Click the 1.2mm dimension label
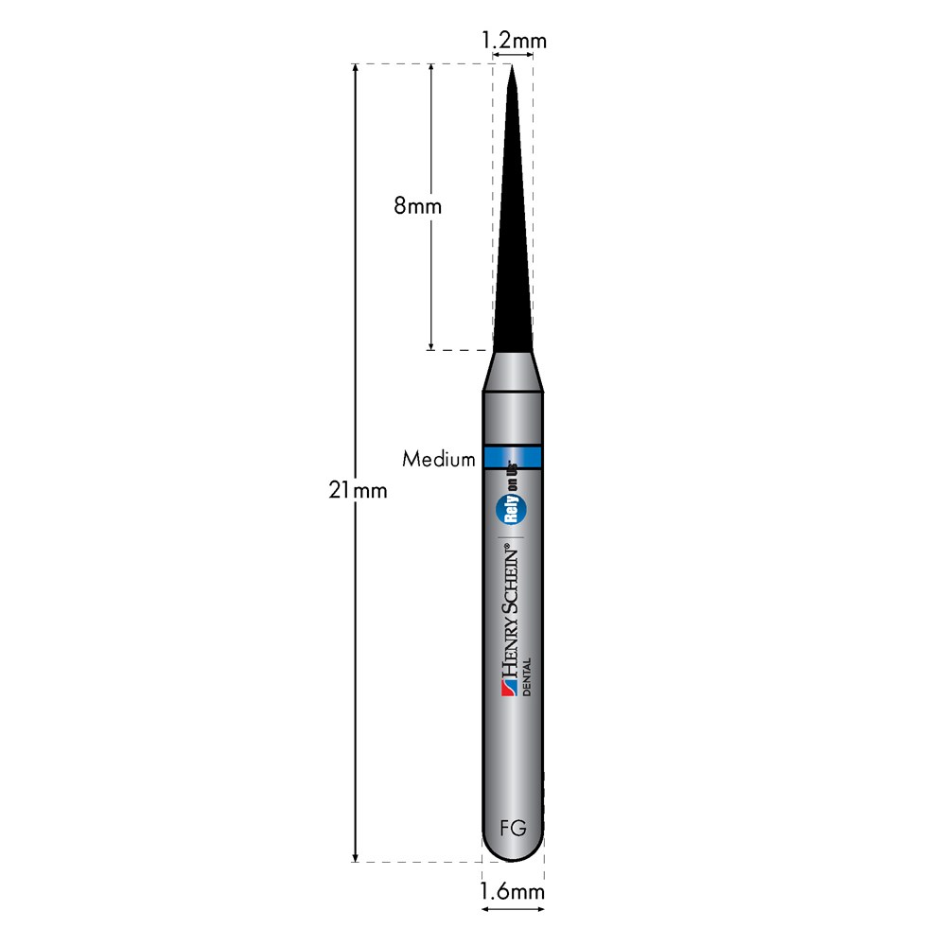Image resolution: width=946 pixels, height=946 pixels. [x=514, y=41]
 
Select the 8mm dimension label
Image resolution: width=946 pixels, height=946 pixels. [x=417, y=206]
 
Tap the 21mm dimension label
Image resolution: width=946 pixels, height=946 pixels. [x=358, y=490]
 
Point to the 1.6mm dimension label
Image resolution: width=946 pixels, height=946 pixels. [x=512, y=891]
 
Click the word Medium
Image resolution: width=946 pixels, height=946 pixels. [x=439, y=459]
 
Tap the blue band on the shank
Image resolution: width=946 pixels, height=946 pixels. [x=513, y=457]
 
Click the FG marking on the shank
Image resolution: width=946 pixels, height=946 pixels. [x=513, y=828]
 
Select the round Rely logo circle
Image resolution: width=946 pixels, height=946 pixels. [x=511, y=509]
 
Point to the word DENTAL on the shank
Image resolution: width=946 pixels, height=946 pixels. [x=527, y=677]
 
